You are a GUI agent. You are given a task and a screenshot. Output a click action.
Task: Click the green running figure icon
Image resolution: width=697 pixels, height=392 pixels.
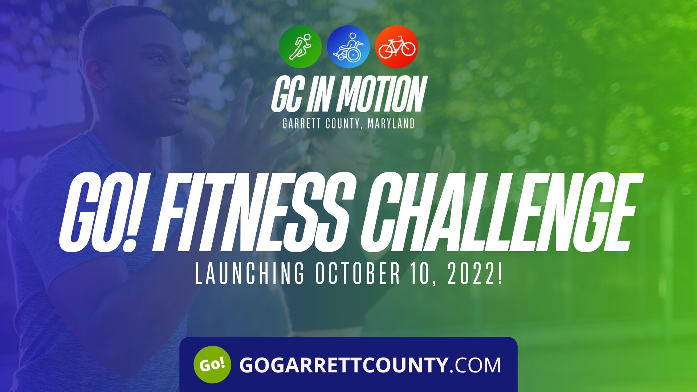point(300,46)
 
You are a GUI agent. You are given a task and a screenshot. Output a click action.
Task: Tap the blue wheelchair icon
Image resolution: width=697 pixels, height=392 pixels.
point(348,46)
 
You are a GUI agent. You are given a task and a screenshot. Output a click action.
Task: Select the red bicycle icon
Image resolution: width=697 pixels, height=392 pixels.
point(396,46)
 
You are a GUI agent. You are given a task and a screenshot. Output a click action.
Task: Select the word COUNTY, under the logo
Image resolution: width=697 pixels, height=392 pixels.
point(343,124)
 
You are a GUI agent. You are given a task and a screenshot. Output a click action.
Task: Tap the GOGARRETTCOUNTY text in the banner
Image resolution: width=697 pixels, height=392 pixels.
point(343,365)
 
